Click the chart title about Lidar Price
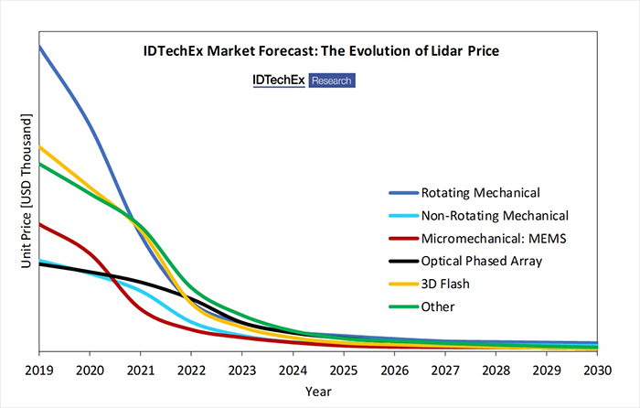click(320, 51)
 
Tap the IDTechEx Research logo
click(304, 81)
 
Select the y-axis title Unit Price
click(27, 192)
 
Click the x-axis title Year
click(318, 391)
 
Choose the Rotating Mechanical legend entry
click(480, 193)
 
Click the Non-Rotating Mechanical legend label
click(495, 216)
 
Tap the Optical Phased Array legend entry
click(481, 261)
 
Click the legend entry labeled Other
click(437, 306)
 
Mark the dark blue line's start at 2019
click(40, 47)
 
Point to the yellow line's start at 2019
click(40, 146)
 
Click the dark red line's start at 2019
click(40, 223)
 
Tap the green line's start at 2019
click(40, 164)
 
